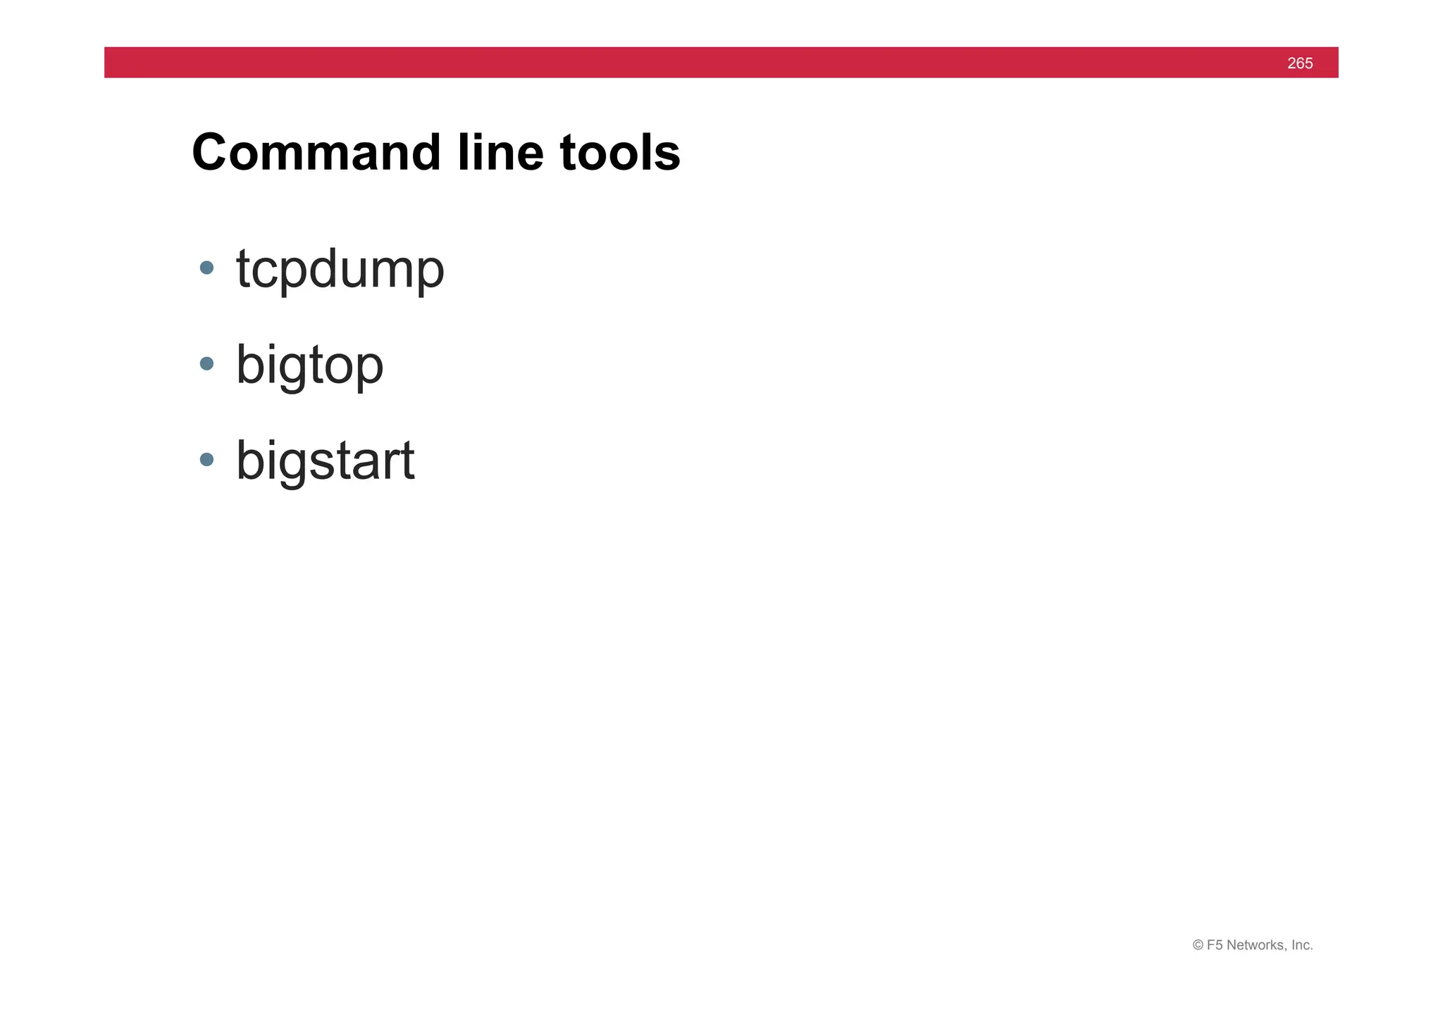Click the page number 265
point(1299,63)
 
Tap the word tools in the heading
point(620,153)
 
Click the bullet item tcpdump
point(340,270)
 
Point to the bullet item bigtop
point(309,365)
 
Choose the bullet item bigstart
point(325,461)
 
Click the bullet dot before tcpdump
point(206,268)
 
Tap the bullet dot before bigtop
point(206,363)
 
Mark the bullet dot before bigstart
point(206,460)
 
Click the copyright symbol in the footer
point(1198,945)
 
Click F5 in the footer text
point(1215,945)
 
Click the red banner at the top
point(705,63)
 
